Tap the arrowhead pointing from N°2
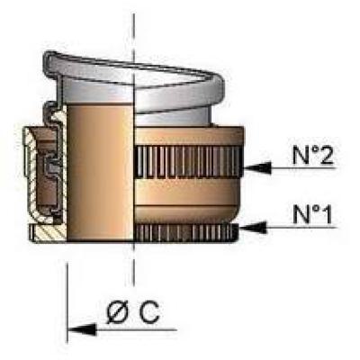(x=257, y=167)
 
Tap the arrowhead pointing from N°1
(x=253, y=228)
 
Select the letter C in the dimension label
(x=148, y=311)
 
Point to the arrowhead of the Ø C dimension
(x=82, y=329)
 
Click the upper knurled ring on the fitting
(x=188, y=162)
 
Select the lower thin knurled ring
(x=186, y=233)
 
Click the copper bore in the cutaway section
(x=99, y=172)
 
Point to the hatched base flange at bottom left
(x=49, y=234)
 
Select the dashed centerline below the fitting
(x=133, y=264)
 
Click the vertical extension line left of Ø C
(x=67, y=303)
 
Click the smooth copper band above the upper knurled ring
(x=189, y=136)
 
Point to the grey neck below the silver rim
(x=174, y=119)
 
